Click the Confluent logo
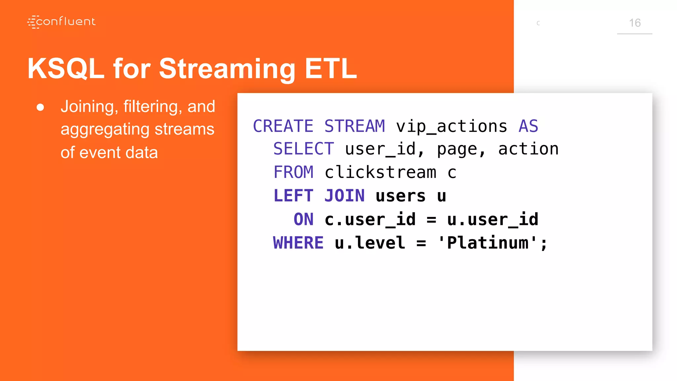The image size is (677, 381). click(x=61, y=22)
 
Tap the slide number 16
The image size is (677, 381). click(x=634, y=23)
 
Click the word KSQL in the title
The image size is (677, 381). click(x=66, y=68)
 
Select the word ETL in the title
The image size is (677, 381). click(x=331, y=68)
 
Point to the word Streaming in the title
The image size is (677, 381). click(x=227, y=68)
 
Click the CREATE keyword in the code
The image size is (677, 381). click(x=283, y=126)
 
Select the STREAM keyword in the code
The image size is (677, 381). click(x=354, y=126)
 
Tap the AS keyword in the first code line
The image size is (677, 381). click(x=528, y=126)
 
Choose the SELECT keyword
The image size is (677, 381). click(x=303, y=149)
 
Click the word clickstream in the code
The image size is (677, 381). click(x=380, y=172)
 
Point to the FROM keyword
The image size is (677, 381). click(x=293, y=172)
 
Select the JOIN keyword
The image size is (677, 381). click(x=344, y=195)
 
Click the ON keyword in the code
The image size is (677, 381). click(x=303, y=219)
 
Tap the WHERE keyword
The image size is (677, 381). click(x=298, y=243)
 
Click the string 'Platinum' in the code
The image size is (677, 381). click(x=487, y=243)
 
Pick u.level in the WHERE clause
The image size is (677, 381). click(x=370, y=243)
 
